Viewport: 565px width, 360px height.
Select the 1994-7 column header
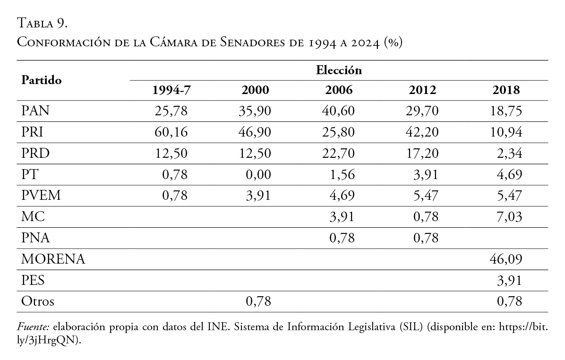[171, 91]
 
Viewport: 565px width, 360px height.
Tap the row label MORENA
[53, 259]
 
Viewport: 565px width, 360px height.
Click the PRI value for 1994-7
[171, 132]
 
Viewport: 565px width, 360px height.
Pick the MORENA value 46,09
[506, 259]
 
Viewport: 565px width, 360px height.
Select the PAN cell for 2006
[339, 111]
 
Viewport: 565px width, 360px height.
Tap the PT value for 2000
[258, 175]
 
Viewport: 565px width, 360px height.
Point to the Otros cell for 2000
[258, 301]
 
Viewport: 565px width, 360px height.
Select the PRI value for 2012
[423, 132]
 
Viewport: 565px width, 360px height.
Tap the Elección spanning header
[339, 71]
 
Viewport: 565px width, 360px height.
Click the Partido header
[42, 80]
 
